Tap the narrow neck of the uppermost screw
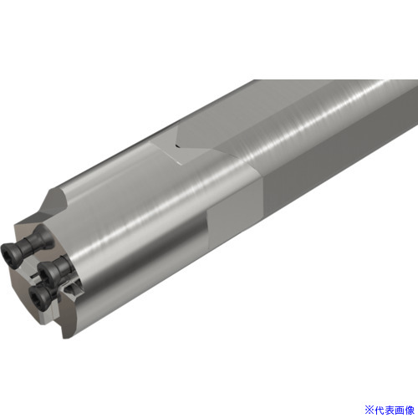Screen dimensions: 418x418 28,244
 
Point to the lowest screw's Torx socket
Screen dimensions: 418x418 36,296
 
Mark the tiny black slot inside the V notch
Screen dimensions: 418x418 177,145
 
